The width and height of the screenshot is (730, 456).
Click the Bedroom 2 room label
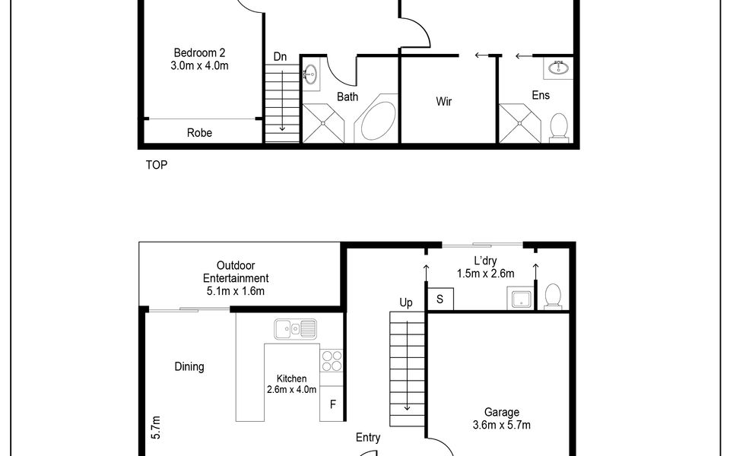click(x=199, y=52)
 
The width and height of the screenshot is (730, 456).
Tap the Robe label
click(x=199, y=132)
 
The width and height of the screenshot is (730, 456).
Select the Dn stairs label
click(x=280, y=57)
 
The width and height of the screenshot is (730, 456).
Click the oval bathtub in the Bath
click(x=378, y=121)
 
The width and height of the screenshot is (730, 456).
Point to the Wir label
click(x=443, y=101)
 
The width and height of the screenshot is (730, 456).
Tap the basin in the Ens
click(x=557, y=68)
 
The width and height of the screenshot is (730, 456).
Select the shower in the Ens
click(x=520, y=123)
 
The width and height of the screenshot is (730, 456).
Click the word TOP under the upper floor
click(x=157, y=165)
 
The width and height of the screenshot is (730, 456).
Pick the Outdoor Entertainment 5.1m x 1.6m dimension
click(x=236, y=291)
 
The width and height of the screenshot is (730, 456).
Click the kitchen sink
click(x=295, y=329)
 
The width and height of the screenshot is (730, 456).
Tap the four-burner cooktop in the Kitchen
click(x=332, y=361)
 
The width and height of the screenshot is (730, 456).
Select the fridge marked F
click(x=332, y=404)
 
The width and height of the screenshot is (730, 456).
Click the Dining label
click(x=189, y=366)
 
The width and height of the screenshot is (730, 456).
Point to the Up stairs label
click(x=406, y=303)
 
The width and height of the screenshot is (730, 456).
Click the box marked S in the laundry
click(x=440, y=299)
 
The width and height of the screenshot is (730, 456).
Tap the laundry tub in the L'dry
click(x=521, y=298)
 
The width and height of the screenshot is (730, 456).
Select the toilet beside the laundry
click(x=553, y=296)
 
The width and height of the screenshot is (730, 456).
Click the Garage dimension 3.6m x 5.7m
click(x=501, y=425)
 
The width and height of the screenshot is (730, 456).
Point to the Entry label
click(x=368, y=438)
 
